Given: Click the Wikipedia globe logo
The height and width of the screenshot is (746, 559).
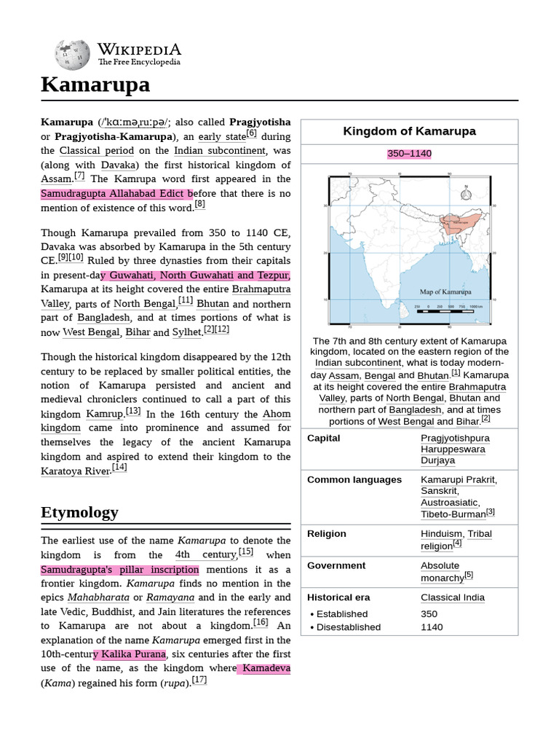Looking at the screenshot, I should coord(72,55).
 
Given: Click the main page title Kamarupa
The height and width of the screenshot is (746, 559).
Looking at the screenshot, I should coord(95,85).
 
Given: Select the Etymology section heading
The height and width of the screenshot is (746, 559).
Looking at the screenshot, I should coord(79,512).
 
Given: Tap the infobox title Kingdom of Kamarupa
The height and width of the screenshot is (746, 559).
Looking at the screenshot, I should coord(409,131).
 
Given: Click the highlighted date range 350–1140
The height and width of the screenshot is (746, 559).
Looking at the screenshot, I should coord(409,154).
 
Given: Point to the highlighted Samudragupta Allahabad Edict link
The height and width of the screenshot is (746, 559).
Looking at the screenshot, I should coord(116,193).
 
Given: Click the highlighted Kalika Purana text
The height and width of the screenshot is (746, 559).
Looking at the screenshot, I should coord(129,654).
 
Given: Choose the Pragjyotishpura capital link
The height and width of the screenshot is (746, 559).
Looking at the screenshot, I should coord(455,438).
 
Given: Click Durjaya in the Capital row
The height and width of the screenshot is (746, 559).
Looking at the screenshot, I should coord(437,460).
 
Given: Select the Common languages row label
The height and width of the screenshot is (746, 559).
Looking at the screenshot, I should coord(354,479).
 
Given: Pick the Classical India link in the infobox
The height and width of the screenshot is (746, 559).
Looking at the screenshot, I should coord(452,597).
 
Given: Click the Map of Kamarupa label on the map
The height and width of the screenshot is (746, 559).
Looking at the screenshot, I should coord(445,291).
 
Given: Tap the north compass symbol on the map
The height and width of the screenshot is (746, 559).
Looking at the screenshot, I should coord(466,195).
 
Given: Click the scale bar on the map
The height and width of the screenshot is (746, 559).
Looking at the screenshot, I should coord(448,311).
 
